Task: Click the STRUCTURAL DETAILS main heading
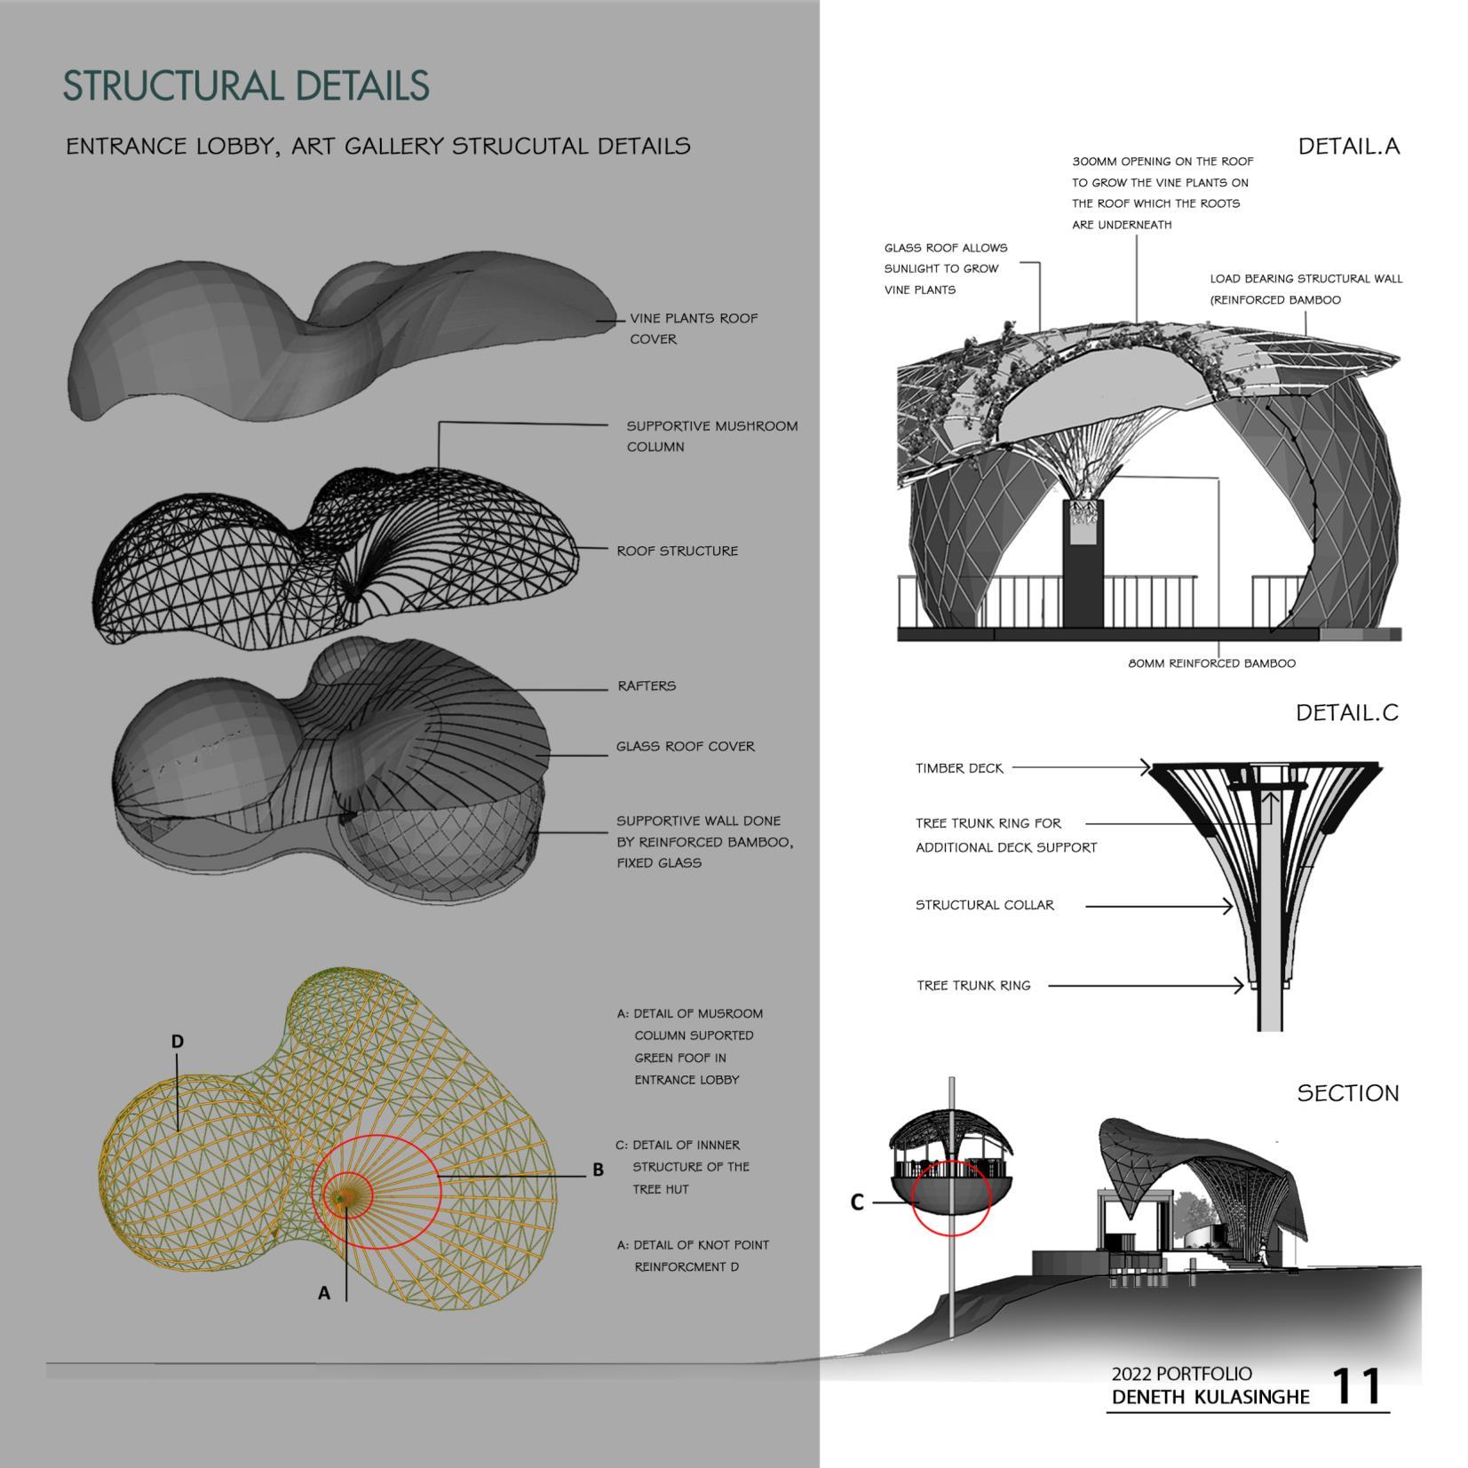[245, 86]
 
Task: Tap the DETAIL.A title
[1347, 147]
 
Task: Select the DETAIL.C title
[1345, 712]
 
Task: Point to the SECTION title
[1346, 1093]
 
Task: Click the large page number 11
[1356, 1386]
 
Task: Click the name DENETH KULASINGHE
[1210, 1397]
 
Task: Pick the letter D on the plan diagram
[178, 1041]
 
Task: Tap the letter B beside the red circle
[598, 1170]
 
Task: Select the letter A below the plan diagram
[324, 1294]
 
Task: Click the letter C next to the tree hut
[856, 1202]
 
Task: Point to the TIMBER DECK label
[959, 768]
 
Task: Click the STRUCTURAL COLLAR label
[984, 905]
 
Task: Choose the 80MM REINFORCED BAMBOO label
[1211, 663]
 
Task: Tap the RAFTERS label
[647, 686]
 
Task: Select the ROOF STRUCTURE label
[677, 551]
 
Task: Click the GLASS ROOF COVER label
[685, 746]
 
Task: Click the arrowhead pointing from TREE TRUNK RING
[1240, 985]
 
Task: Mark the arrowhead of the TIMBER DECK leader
[1147, 767]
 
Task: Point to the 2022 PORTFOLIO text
[1181, 1374]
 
